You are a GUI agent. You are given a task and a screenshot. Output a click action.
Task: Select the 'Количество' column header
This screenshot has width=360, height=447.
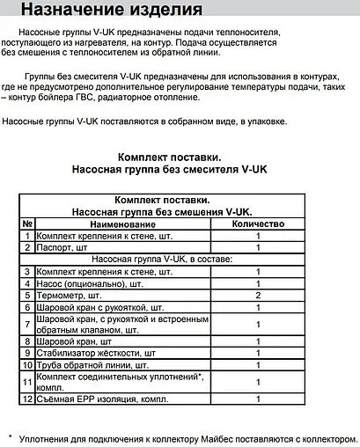(x=258, y=223)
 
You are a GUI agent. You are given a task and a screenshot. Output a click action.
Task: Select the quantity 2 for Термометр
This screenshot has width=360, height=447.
(x=258, y=297)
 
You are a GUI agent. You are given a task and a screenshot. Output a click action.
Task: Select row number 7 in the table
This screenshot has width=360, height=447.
(x=27, y=325)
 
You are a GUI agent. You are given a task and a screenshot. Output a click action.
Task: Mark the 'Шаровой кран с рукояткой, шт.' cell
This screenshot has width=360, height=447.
(x=107, y=308)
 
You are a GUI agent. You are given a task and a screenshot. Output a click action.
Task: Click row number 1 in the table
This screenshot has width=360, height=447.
(x=27, y=236)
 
